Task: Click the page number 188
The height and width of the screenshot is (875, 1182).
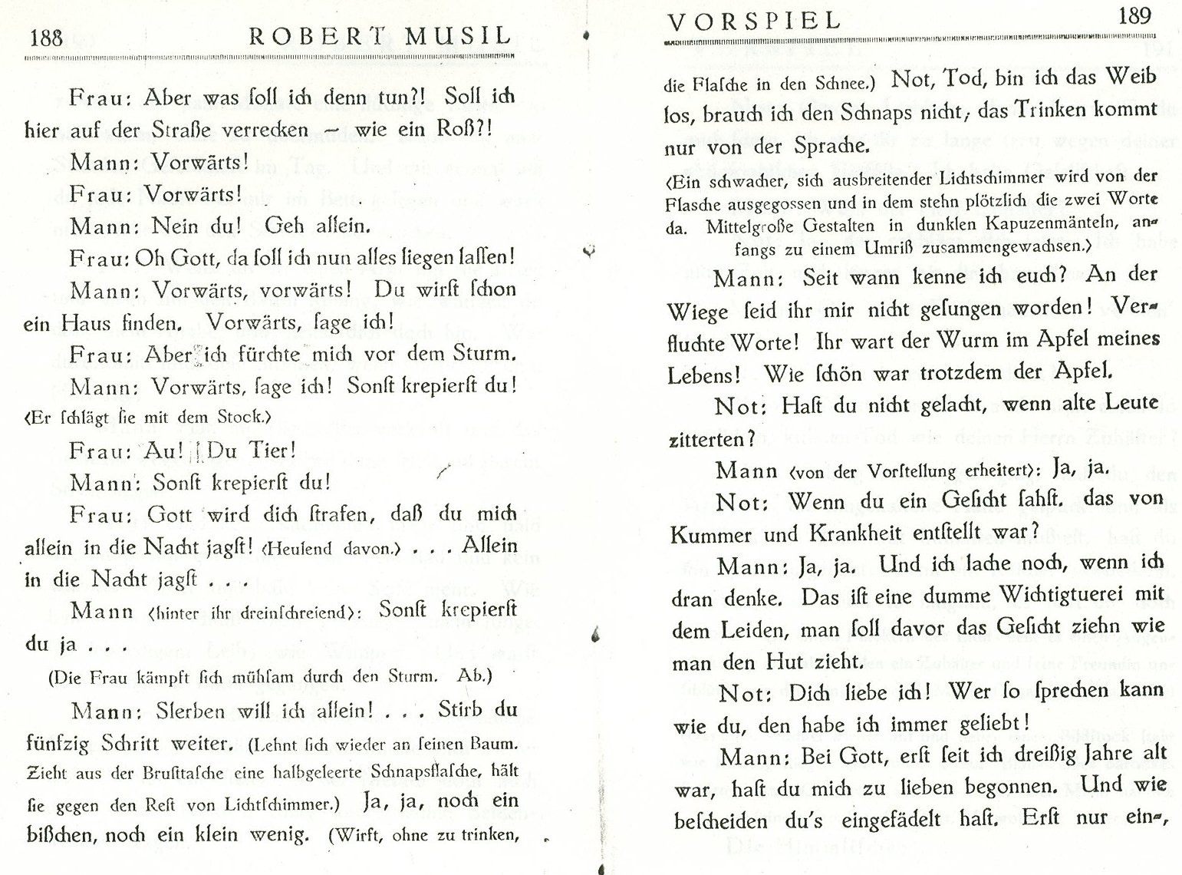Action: point(45,37)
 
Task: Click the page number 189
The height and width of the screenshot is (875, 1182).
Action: point(1134,15)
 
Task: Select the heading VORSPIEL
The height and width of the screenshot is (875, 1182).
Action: point(753,21)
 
